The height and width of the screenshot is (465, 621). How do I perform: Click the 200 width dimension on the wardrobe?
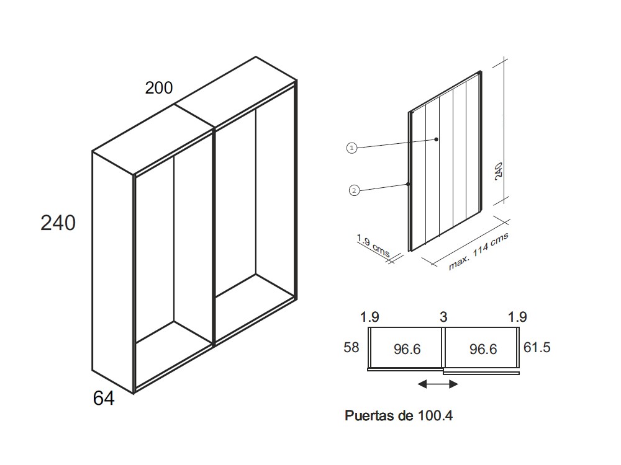coord(159,88)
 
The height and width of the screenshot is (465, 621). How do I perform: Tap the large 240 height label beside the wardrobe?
coord(58,223)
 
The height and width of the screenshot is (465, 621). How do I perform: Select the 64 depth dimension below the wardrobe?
coord(104,399)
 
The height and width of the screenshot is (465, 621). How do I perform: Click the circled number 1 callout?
coord(351,148)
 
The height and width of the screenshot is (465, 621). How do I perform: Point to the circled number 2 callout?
coord(354,190)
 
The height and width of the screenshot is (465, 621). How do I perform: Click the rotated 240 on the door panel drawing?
coord(498,170)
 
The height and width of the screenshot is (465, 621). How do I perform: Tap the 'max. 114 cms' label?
coord(479,252)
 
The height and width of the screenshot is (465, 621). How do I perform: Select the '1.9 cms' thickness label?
coord(373,246)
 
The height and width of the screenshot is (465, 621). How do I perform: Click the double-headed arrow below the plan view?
coord(438,384)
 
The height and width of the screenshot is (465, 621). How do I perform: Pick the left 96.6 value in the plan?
coord(407,350)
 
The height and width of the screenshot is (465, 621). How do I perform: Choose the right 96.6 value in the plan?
coord(483,350)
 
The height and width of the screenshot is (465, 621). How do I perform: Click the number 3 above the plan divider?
coord(443,317)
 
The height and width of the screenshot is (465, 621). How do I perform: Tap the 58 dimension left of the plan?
coord(351,347)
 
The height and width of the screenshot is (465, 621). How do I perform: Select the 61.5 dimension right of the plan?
coord(537,347)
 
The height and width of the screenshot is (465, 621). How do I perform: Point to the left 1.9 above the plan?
coord(370,317)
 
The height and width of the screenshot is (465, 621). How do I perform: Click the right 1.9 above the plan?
coord(517,317)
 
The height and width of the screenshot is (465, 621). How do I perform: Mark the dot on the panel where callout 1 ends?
coord(437,139)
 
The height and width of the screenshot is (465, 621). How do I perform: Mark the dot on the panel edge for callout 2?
coord(408,184)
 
